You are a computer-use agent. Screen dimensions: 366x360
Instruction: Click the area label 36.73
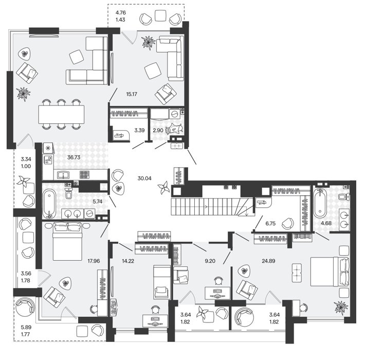tap(74, 157)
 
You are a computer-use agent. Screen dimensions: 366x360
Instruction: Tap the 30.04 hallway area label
tap(144, 178)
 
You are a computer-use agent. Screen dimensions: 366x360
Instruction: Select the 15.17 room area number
tap(132, 94)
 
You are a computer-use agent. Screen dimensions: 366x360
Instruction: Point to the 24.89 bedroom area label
tap(268, 261)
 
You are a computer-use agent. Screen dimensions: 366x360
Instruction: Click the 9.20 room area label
tap(210, 261)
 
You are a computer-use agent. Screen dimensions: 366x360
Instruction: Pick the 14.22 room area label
tap(128, 261)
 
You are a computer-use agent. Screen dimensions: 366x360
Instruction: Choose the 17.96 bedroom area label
tap(94, 261)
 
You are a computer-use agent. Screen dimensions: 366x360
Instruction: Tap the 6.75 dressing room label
tap(270, 223)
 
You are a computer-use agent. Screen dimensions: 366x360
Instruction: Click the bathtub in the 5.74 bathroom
tap(49, 203)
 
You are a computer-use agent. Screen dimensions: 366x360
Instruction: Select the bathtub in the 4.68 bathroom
tap(320, 203)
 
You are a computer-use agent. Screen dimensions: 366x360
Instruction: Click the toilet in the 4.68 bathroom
tap(343, 196)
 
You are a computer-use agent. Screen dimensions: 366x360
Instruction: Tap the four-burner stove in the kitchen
tap(84, 175)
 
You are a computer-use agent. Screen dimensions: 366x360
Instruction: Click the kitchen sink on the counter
tap(64, 175)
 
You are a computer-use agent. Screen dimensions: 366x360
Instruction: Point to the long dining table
tap(61, 114)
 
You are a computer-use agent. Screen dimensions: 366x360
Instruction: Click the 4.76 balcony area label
tap(121, 13)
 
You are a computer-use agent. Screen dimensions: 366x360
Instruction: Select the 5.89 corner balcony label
tap(26, 327)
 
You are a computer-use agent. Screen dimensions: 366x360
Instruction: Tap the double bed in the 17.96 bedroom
tap(67, 241)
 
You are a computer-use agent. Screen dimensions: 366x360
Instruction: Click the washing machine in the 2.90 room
tap(174, 114)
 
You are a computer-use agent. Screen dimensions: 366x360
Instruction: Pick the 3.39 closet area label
tap(139, 131)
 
